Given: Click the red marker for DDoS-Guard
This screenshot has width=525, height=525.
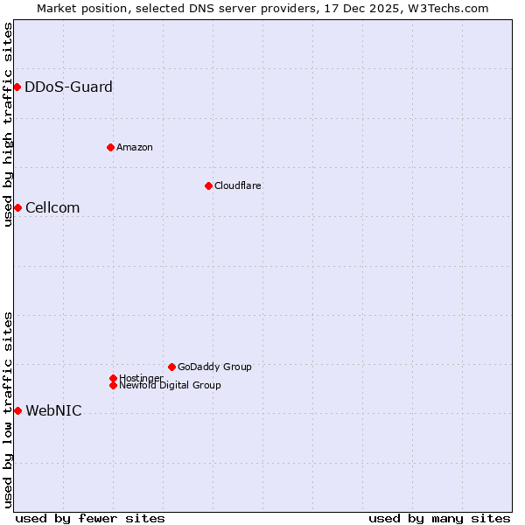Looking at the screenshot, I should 17,87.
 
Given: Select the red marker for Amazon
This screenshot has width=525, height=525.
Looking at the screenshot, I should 110,147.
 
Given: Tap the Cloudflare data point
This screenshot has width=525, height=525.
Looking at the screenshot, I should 208,185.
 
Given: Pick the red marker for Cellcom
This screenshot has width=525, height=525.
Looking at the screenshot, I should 17,207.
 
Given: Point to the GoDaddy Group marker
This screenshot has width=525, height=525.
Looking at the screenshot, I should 171,367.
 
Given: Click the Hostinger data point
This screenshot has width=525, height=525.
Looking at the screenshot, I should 113,378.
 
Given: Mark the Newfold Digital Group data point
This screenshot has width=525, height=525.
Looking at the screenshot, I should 113,385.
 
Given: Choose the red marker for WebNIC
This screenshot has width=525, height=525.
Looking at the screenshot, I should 17,410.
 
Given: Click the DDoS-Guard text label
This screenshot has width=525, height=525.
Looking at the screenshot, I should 68,87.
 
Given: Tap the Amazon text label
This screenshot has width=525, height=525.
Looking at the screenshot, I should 134,147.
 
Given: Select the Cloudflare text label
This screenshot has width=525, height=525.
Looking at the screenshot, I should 237,185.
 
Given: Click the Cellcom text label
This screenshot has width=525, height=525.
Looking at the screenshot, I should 52,207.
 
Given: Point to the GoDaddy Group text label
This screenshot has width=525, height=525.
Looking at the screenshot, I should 214,367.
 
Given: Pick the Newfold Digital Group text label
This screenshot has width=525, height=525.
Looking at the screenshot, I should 170,385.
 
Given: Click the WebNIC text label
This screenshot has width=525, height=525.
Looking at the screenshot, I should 53,410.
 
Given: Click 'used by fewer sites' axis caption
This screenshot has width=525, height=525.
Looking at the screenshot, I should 90,518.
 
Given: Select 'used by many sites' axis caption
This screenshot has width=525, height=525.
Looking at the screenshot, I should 439,518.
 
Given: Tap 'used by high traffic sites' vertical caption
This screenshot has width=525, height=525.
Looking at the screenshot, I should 8,124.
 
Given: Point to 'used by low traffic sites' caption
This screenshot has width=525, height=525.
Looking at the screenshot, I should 8,409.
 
